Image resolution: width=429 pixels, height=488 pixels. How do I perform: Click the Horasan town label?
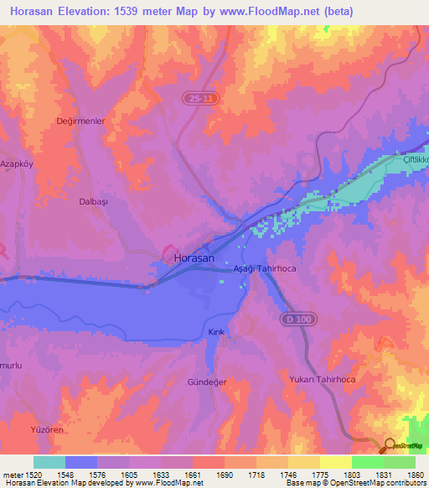click(x=194, y=259)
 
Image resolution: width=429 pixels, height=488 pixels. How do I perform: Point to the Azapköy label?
click(x=18, y=164)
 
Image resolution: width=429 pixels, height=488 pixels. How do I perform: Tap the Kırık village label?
click(x=215, y=333)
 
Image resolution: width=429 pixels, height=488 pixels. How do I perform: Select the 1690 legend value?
click(x=225, y=474)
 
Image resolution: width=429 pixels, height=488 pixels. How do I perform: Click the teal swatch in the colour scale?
click(x=49, y=462)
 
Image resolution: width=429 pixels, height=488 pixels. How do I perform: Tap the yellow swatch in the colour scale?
click(x=335, y=462)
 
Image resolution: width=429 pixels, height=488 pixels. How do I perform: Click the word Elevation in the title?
click(x=95, y=12)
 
